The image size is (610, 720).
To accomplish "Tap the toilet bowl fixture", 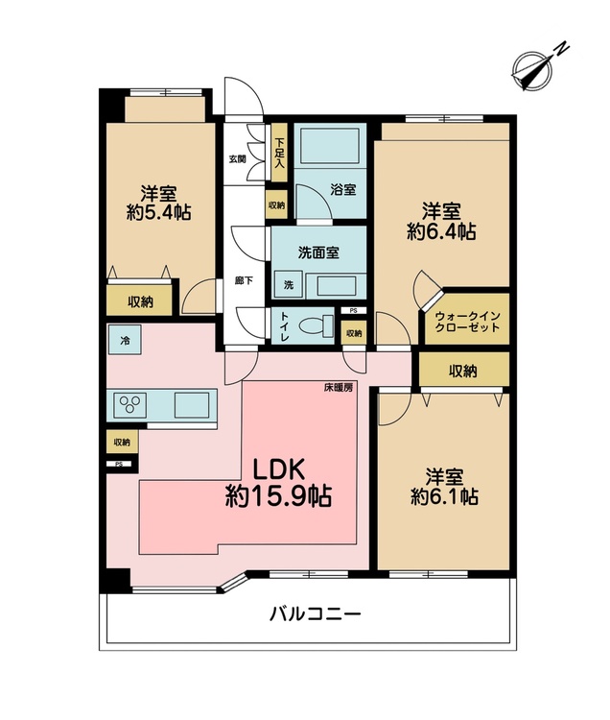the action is point(317,325).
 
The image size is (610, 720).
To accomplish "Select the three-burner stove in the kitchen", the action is point(129,405).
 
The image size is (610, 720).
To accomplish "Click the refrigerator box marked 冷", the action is point(125,340).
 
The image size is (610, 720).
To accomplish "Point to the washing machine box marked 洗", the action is point(288,285).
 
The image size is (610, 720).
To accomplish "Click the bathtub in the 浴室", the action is point(329,146).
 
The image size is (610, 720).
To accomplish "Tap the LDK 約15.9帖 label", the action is point(278,483).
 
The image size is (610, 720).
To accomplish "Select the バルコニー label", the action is point(316,614).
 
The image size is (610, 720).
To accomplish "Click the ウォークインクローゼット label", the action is point(467,322).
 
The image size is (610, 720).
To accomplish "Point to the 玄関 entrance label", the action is point(238,159).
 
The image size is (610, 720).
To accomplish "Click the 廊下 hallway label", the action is point(243,280).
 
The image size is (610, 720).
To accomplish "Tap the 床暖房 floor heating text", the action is point(339,387).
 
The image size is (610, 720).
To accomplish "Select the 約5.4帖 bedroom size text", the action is point(158,212).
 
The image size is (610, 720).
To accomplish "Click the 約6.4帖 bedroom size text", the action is point(441,231).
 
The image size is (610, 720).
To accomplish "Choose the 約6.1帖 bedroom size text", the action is point(444,496).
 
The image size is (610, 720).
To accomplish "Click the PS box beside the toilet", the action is point(353,310).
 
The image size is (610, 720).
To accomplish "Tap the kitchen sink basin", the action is point(192,405).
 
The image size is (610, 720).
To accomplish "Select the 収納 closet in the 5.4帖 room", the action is point(139,300).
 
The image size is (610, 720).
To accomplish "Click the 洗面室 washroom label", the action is point(318,252).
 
